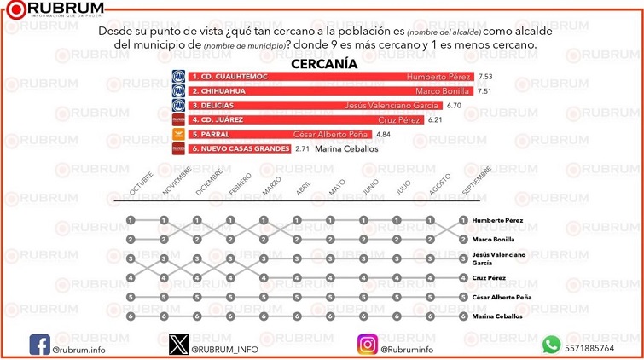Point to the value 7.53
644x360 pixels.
pyautogui.click(x=486, y=77)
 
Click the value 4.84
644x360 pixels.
pyautogui.click(x=383, y=135)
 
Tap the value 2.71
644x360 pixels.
pyautogui.click(x=302, y=148)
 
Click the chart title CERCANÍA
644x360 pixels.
pyautogui.click(x=324, y=63)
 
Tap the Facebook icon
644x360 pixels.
pyautogui.click(x=39, y=344)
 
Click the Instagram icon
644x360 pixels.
pyautogui.click(x=367, y=344)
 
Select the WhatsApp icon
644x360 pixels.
pyautogui.click(x=551, y=344)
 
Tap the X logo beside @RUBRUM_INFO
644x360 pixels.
pyautogui.click(x=177, y=344)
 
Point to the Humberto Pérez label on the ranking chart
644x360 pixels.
pyautogui.click(x=497, y=220)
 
